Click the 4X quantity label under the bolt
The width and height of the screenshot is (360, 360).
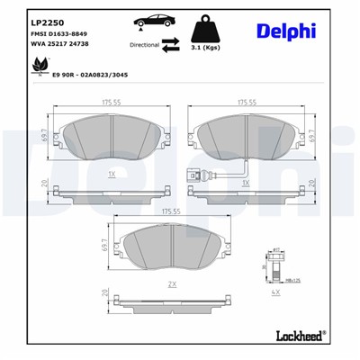pos(277,292)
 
